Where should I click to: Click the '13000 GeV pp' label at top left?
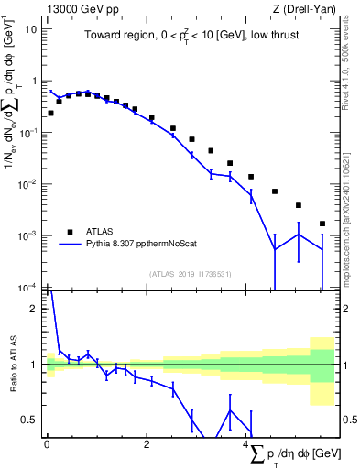coord(77,9)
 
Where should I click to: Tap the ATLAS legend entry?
coord(101,232)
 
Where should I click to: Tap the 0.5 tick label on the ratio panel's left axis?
coord(31,420)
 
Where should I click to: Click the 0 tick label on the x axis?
coord(47,444)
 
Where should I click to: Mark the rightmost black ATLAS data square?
coord(322,224)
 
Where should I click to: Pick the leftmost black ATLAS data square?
coord(50,113)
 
